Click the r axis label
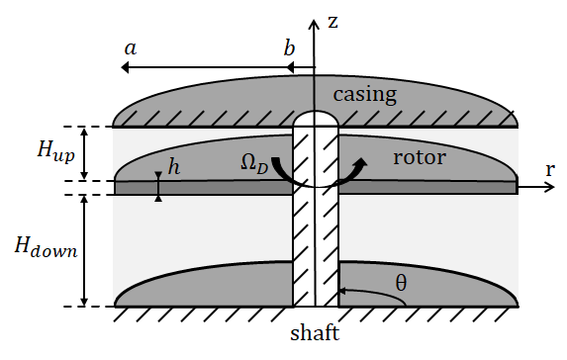[550, 169]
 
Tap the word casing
[364, 95]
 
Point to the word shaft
[315, 333]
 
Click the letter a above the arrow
[130, 47]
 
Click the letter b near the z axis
[289, 47]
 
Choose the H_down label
[45, 247]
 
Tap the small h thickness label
[174, 168]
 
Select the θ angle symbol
[400, 281]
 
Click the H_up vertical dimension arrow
[84, 153]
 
